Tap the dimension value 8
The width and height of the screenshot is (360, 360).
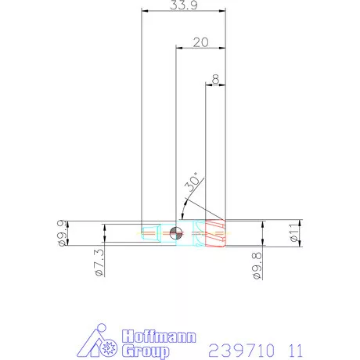[x=215, y=78]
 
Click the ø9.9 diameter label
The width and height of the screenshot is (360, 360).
[x=62, y=232]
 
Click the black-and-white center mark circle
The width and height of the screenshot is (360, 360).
[x=175, y=232]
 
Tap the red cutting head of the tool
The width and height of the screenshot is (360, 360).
[x=214, y=232]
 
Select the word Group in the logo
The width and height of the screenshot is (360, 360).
[x=146, y=351]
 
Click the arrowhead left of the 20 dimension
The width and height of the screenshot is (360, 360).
[x=178, y=49]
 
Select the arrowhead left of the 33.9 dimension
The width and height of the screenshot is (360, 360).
[x=143, y=11]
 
